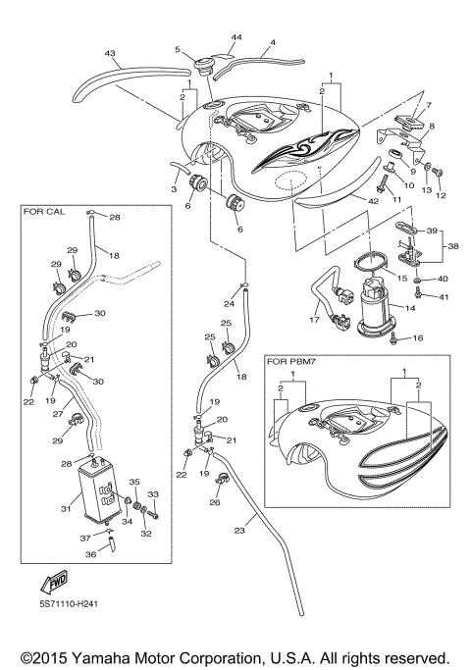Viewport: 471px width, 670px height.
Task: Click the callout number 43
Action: [110, 54]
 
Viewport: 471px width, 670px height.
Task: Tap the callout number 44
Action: [235, 36]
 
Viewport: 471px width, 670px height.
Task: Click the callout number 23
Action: [238, 531]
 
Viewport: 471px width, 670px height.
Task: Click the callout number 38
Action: [453, 248]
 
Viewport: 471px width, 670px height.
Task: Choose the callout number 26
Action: [215, 503]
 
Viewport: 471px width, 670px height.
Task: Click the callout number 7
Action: [427, 104]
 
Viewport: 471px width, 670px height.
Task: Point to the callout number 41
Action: [444, 296]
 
